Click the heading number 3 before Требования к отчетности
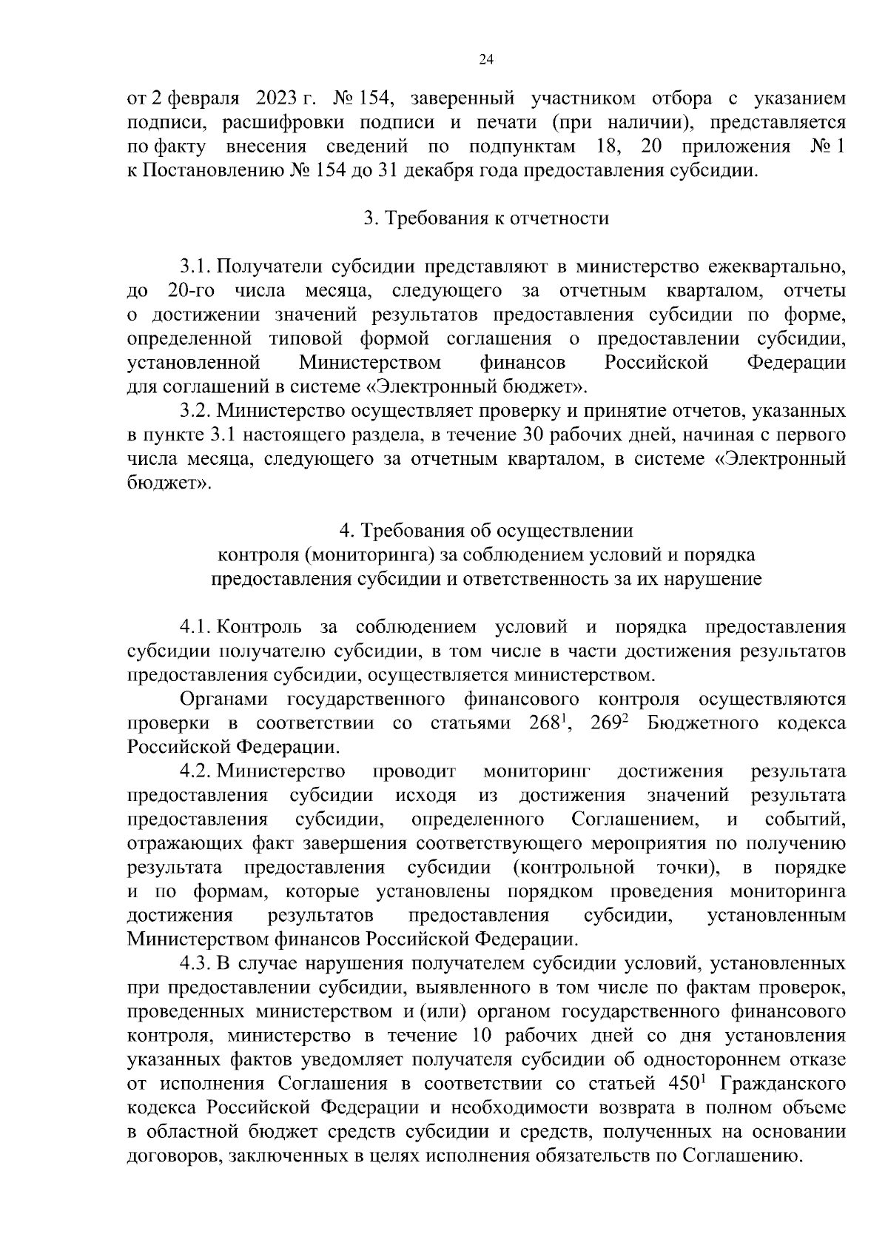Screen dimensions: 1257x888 click(369, 218)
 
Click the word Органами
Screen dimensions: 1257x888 click(225, 700)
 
